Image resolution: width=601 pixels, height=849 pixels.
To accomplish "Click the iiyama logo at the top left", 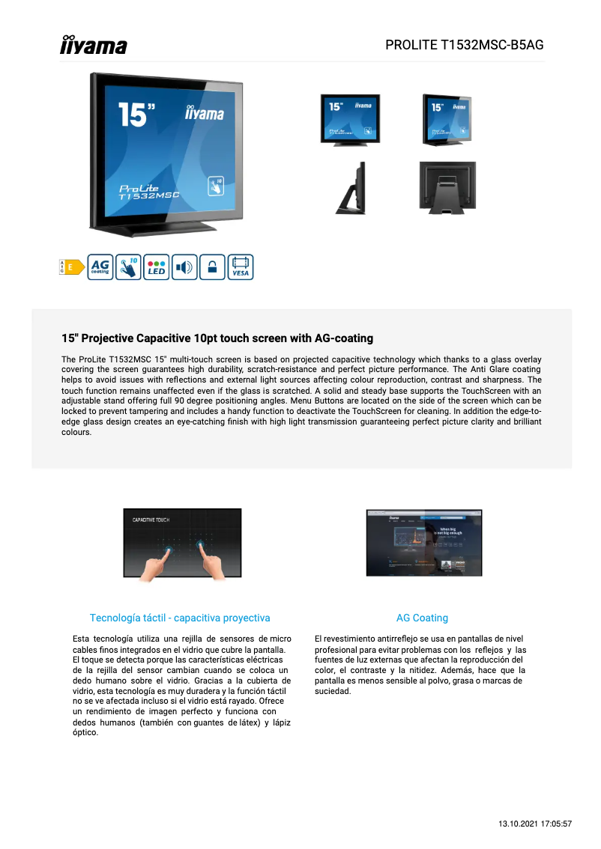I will click(94, 45).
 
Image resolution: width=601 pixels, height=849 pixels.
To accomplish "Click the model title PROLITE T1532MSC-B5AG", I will click(464, 45).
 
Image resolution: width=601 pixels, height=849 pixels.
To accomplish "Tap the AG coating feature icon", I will click(100, 267).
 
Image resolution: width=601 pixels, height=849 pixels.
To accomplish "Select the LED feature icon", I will click(157, 267).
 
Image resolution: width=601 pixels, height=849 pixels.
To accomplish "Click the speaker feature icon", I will click(184, 267).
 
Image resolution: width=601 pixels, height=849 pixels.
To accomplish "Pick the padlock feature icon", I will click(212, 267).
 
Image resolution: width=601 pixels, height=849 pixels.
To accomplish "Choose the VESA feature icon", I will click(241, 267).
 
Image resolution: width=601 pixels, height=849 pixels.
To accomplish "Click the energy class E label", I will click(71, 267).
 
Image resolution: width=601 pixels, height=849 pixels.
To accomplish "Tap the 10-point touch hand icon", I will click(129, 267).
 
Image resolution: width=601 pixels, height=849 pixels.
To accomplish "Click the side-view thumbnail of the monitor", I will click(351, 189).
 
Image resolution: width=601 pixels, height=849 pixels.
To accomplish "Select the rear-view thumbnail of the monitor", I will click(447, 189).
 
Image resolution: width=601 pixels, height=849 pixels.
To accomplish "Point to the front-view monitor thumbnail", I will click(350, 119).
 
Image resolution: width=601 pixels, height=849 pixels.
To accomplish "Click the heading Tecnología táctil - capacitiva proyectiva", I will click(180, 618).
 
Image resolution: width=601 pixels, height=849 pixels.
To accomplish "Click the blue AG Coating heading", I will click(422, 618).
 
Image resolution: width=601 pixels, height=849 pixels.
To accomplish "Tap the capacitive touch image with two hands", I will click(182, 544).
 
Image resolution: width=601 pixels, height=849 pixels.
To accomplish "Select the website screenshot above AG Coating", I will click(423, 543).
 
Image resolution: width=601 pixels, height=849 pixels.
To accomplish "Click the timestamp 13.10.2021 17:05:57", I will click(535, 824).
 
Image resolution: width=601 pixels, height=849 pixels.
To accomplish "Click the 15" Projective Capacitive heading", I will click(217, 338).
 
